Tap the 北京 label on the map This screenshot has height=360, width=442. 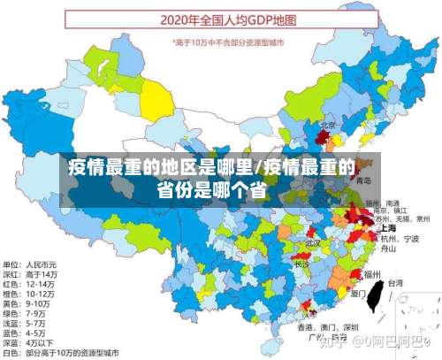point(327,125)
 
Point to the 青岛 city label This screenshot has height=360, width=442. point(363,180)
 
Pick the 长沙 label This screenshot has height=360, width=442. point(301,264)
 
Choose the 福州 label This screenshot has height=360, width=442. point(372,274)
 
